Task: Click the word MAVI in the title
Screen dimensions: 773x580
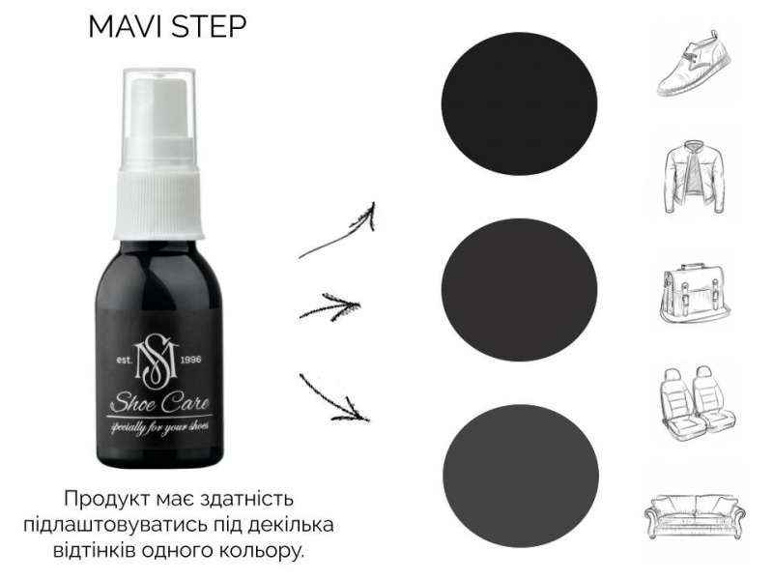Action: pos(127,27)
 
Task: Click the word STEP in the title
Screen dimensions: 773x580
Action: pos(208,27)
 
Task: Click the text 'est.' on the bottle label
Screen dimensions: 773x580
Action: pos(125,360)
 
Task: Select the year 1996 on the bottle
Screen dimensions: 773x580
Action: pos(191,360)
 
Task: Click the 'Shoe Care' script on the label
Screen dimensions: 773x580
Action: pos(159,403)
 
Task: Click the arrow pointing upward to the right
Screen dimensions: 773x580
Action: pos(338,233)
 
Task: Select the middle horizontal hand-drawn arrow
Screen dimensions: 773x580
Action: pos(329,305)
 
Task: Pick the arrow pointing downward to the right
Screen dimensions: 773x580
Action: pos(333,398)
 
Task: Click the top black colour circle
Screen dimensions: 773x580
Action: pos(519,103)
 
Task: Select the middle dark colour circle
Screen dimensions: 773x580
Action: pos(520,289)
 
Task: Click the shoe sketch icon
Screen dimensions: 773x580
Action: pos(695,63)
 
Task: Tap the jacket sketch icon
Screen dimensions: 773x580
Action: pos(695,178)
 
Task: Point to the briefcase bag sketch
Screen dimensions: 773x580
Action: pos(695,295)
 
